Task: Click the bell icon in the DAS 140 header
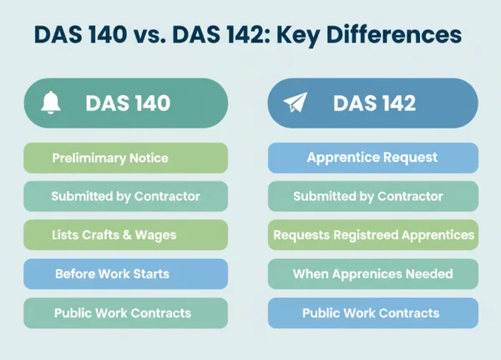click(52, 104)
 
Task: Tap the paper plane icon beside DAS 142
click(296, 104)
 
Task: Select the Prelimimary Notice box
click(125, 158)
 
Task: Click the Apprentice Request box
click(372, 158)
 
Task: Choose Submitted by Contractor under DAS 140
click(125, 196)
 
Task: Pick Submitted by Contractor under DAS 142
click(372, 196)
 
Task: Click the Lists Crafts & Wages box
click(125, 235)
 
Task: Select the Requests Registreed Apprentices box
click(372, 235)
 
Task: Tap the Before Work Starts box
click(125, 274)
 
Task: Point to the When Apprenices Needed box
click(372, 274)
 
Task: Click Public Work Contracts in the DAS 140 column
click(125, 313)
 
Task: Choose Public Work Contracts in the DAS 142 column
click(372, 313)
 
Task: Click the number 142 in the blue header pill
click(396, 104)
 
